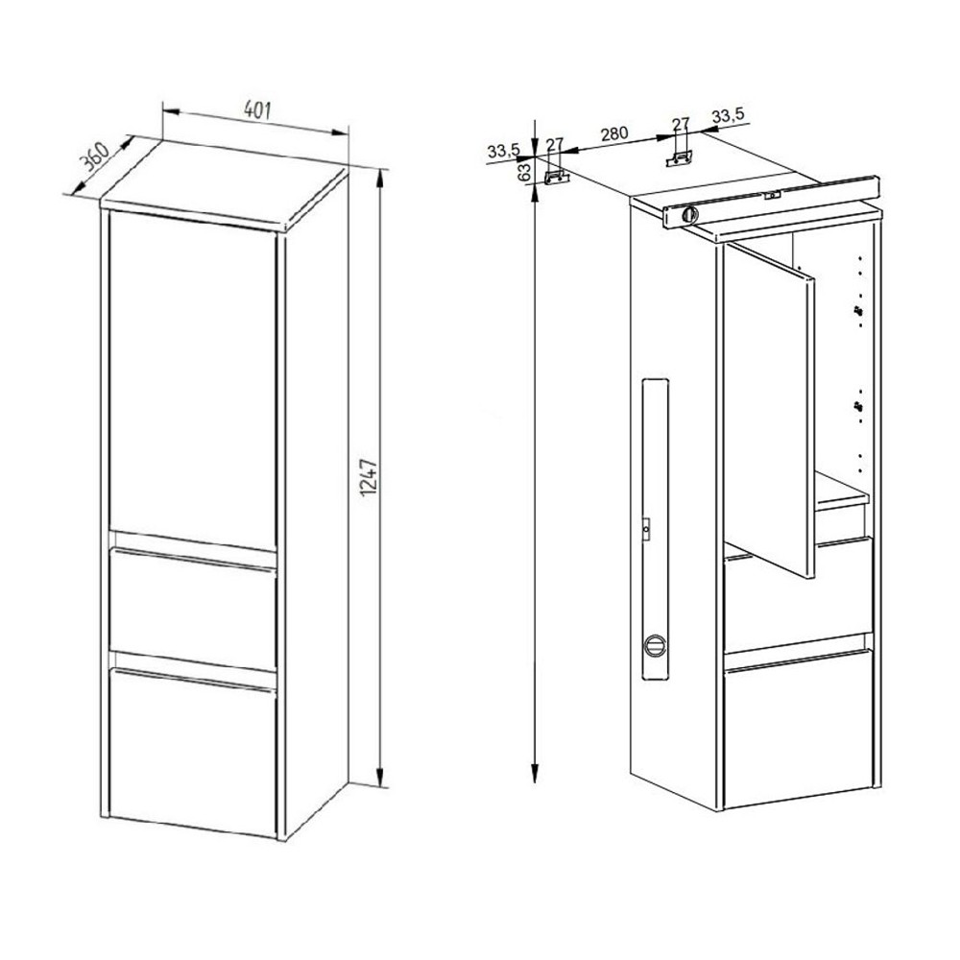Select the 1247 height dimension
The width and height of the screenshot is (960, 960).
point(367,476)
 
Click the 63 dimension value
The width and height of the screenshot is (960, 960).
point(524,173)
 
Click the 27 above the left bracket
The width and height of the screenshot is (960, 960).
point(554,143)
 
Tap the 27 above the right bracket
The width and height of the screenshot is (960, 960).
point(681,124)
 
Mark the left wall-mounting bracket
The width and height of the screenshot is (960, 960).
point(556,176)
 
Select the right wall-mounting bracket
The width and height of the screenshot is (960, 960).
point(683,156)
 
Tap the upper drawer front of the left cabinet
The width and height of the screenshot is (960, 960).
point(194,600)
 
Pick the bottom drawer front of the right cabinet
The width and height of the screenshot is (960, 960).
point(799,730)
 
